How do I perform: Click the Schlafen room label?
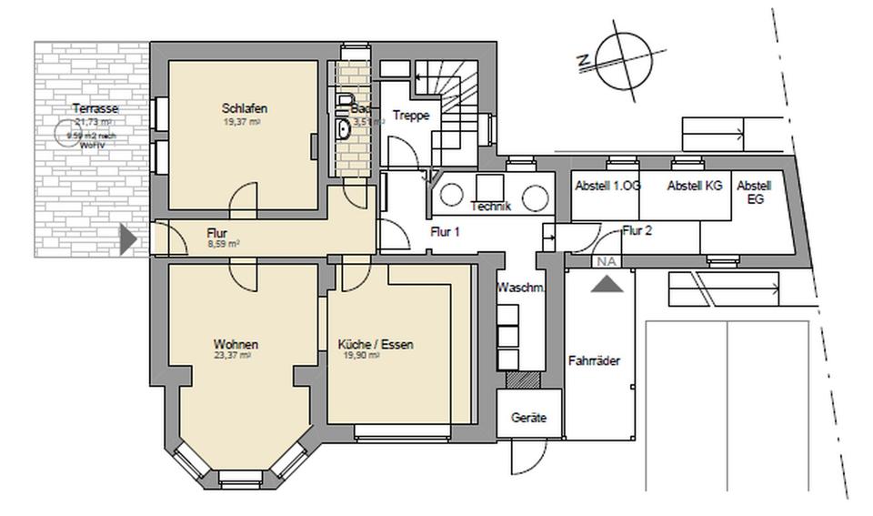(x=244, y=109)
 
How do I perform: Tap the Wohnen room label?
(x=236, y=345)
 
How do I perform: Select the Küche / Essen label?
(x=376, y=345)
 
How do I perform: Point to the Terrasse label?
(x=95, y=109)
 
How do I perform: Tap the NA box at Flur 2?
(x=606, y=261)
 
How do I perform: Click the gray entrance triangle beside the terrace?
(x=129, y=240)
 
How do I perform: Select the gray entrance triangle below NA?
(x=607, y=283)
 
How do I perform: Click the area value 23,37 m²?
(x=231, y=356)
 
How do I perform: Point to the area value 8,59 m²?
(x=223, y=244)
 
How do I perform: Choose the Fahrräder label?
(x=594, y=361)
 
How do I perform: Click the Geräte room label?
(x=528, y=419)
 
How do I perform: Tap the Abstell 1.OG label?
(x=607, y=186)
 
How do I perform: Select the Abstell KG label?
(x=695, y=186)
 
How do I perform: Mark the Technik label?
(x=491, y=207)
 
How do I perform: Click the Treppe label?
(x=409, y=116)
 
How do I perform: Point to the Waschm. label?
(x=520, y=288)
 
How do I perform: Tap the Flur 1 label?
(x=445, y=232)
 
